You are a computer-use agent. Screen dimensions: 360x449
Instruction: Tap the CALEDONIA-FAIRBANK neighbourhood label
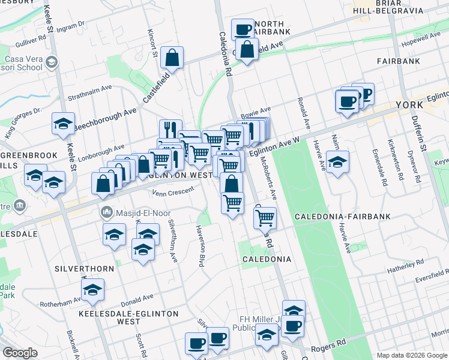(342, 216)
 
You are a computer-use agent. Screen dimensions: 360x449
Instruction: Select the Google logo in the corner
(20, 353)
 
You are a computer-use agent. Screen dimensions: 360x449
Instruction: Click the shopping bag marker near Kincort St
(172, 59)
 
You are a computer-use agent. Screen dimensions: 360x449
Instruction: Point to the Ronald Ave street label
(307, 113)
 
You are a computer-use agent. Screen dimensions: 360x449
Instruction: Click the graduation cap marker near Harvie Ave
(338, 163)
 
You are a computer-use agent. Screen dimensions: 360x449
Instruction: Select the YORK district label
(411, 106)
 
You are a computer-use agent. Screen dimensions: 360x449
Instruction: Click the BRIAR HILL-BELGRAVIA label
(389, 7)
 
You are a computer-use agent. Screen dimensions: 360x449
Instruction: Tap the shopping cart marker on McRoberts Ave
(264, 218)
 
